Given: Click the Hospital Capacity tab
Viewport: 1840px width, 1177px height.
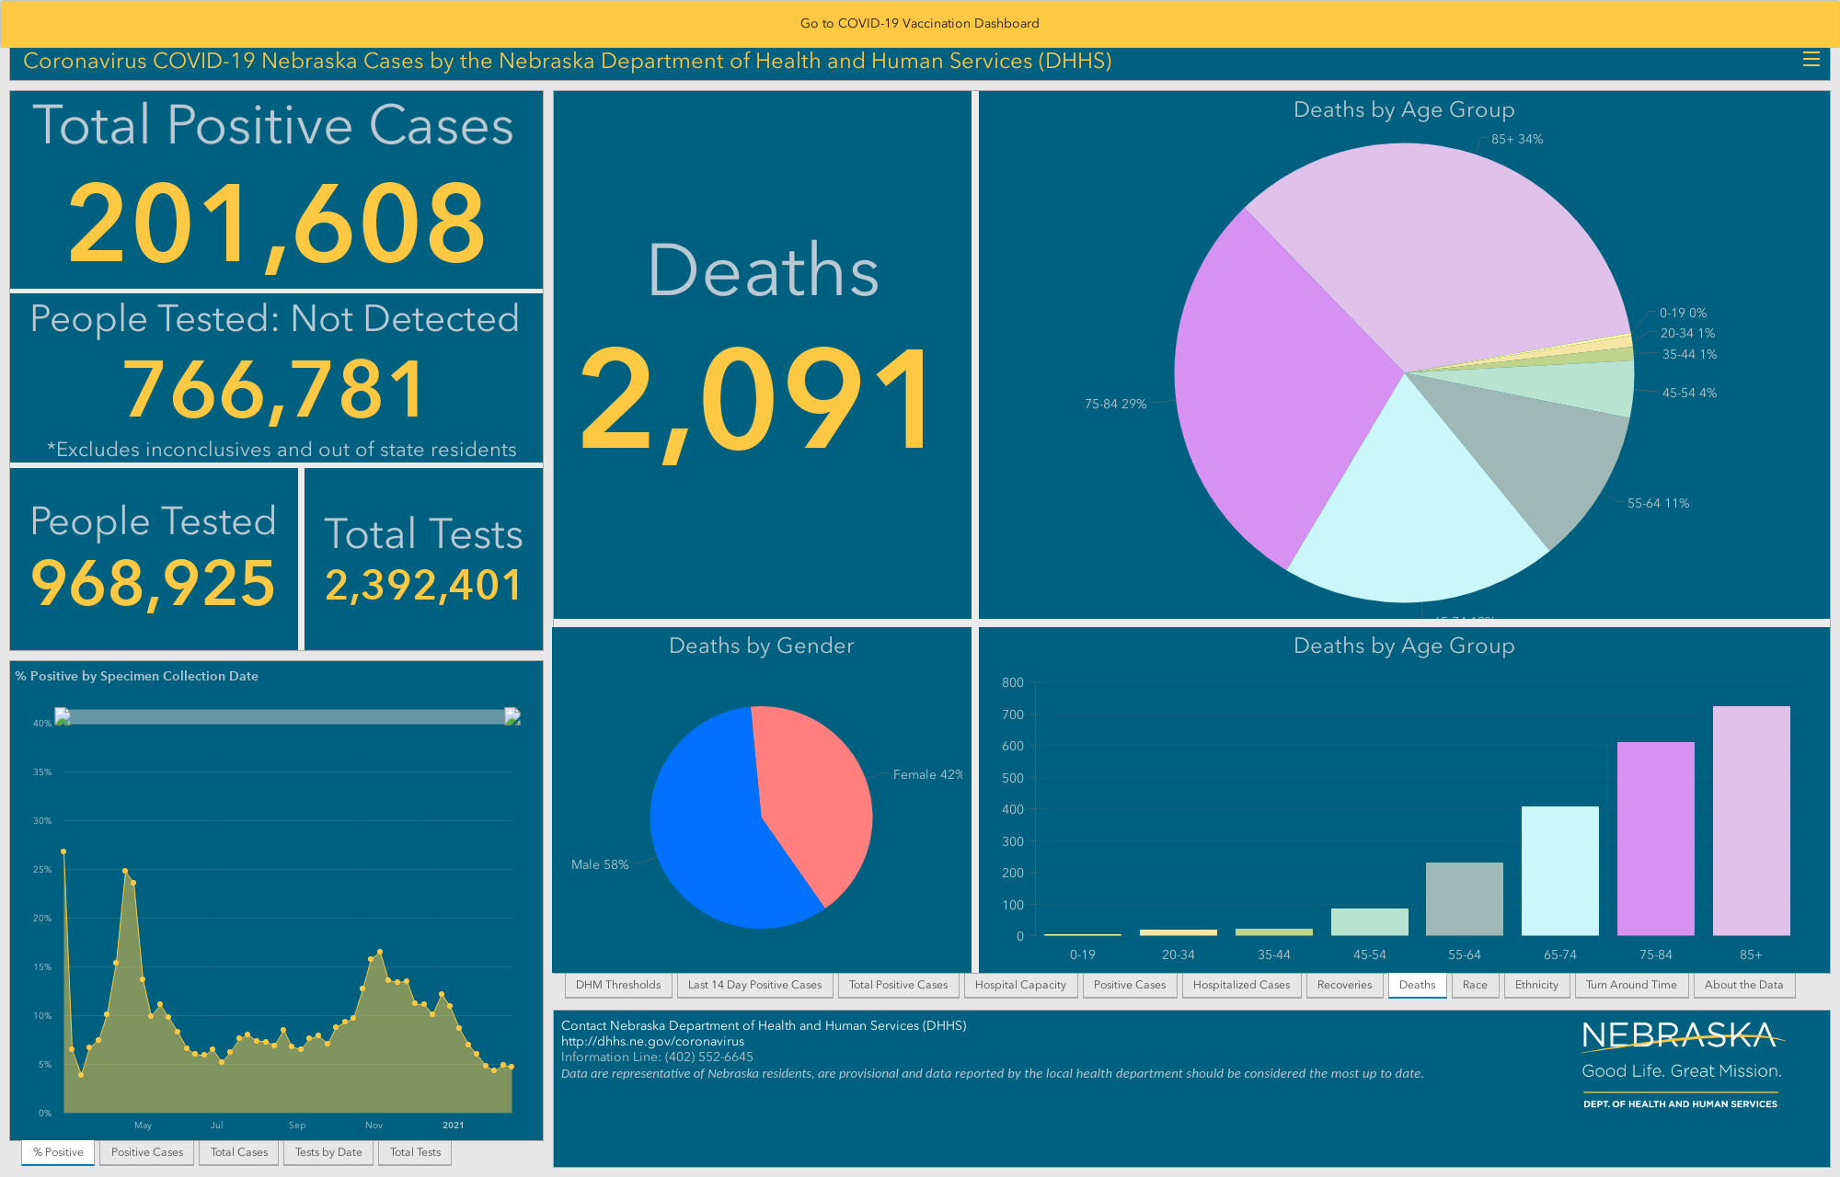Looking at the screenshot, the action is click(1020, 985).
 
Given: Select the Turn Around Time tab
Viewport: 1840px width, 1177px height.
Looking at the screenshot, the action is click(1631, 985).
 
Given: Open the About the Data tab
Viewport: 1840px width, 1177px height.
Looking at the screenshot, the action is click(1743, 985).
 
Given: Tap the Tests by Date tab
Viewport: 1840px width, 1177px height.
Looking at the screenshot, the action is click(328, 1152).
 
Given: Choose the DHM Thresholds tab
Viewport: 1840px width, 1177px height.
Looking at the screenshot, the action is click(618, 985).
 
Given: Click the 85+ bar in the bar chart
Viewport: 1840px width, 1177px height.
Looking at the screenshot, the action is click(1751, 821).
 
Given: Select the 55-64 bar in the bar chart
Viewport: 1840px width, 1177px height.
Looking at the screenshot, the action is click(1465, 899).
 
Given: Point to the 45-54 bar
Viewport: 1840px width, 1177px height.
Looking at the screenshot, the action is click(1369, 922).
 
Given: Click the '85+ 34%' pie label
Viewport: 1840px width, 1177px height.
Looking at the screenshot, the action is click(1517, 139).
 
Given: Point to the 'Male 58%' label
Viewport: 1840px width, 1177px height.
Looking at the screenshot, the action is click(600, 864).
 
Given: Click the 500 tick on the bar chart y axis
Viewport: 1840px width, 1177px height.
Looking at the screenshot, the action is click(1013, 778).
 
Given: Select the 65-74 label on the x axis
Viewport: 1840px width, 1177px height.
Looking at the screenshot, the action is click(1560, 954).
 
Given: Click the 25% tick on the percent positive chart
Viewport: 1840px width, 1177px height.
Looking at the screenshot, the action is click(42, 869).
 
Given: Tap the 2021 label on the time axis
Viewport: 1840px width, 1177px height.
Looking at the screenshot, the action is click(453, 1125).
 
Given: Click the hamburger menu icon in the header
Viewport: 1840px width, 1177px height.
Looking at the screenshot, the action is click(1811, 60).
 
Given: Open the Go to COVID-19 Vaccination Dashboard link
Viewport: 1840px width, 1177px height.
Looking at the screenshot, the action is click(919, 23).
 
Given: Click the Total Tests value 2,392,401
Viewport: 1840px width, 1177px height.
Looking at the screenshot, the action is click(423, 585).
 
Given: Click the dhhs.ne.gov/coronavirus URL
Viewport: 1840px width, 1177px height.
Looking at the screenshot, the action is click(652, 1041).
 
